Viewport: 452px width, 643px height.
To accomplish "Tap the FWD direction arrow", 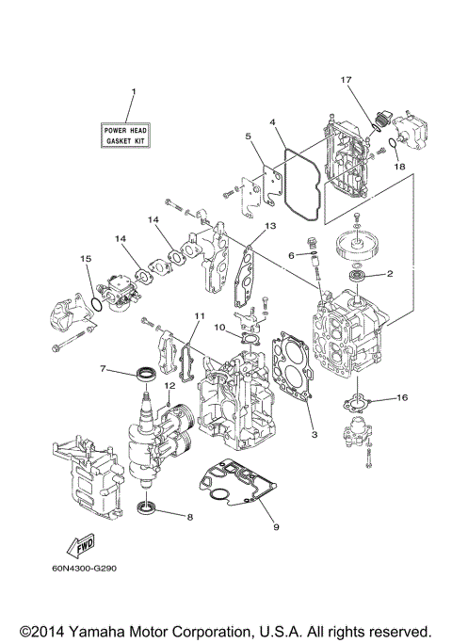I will tap(79, 545).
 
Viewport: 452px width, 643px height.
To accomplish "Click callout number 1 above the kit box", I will tap(133, 91).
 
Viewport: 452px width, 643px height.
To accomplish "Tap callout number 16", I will tap(402, 399).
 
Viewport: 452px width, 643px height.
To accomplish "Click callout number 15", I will tap(86, 258).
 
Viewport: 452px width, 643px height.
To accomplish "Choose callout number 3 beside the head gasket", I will tap(314, 437).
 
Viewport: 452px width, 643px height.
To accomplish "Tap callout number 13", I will tap(269, 227).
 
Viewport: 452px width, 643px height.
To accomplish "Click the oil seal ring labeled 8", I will tap(148, 511).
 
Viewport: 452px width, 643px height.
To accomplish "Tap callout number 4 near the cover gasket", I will tap(271, 121).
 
